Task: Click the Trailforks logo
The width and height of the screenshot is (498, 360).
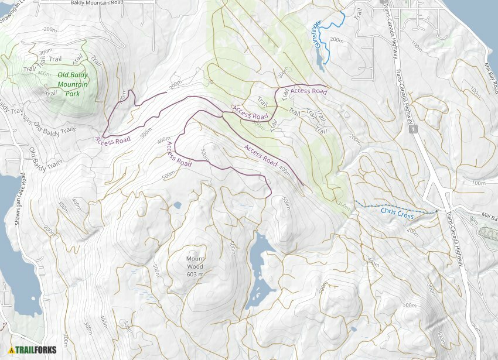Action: (x=32, y=350)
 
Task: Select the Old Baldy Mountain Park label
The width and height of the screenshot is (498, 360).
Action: (x=72, y=84)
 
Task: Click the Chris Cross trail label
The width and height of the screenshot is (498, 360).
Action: (x=397, y=212)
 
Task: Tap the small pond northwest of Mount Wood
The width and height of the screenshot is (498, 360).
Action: (x=178, y=205)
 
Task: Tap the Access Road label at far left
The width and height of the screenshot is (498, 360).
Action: (x=112, y=140)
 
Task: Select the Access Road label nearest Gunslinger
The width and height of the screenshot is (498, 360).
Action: (x=308, y=91)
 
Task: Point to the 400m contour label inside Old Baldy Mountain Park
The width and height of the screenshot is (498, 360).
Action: (x=43, y=73)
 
